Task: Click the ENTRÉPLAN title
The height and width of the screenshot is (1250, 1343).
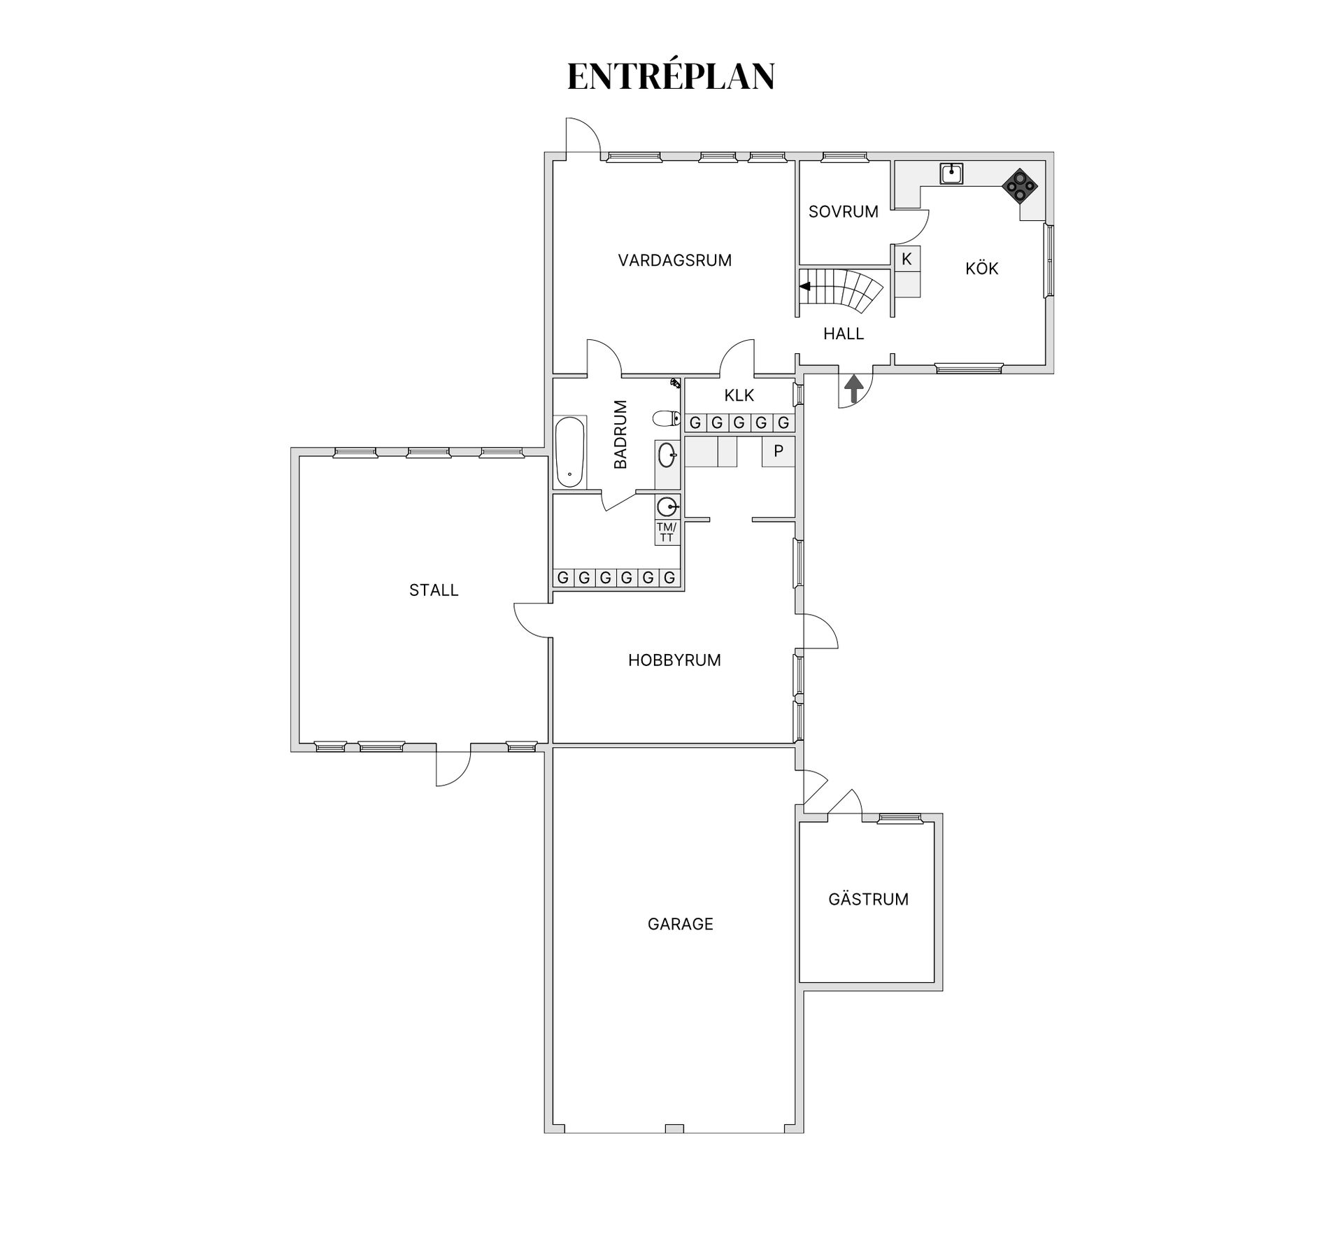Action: (671, 76)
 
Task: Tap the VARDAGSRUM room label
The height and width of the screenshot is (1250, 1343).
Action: (675, 261)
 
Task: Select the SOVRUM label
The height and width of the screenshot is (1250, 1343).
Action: (844, 212)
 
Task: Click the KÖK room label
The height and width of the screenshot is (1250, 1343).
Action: (981, 268)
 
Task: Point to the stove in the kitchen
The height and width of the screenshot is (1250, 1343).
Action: (1020, 185)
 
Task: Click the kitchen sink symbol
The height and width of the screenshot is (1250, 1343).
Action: (951, 173)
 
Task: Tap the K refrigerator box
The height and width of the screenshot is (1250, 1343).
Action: (907, 260)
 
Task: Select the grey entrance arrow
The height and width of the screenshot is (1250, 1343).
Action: (854, 388)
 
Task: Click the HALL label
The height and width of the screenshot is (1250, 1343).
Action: (844, 334)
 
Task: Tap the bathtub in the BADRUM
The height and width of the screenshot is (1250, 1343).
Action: (569, 453)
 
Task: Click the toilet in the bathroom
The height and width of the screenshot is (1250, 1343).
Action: (667, 419)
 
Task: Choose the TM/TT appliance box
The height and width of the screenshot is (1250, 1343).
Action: (667, 532)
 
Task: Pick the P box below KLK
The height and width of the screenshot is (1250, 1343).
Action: (779, 452)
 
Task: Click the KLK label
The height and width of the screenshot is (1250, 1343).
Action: (739, 396)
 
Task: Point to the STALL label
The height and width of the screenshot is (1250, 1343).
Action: (434, 590)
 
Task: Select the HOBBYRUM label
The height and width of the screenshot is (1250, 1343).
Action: (674, 660)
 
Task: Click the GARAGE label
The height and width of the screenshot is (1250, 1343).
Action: (680, 924)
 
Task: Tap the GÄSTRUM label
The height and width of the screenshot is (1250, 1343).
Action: (868, 899)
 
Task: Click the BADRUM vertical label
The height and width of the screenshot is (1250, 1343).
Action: (620, 434)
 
